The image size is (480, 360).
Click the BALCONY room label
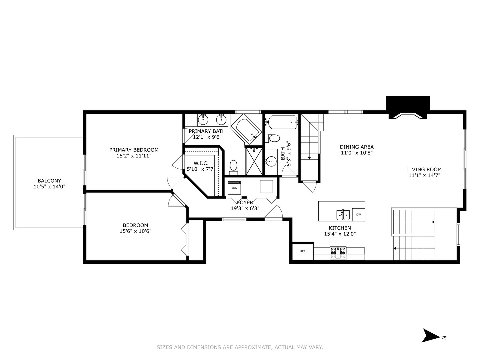pos(49,181)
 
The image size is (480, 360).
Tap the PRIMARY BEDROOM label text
pos(134,150)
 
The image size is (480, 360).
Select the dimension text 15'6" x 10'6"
pos(135,231)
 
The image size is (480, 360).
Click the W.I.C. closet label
pos(201,163)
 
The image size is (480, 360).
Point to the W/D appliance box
pos(234,188)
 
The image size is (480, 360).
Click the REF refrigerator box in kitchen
pos(303,251)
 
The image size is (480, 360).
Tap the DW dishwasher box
pos(359,215)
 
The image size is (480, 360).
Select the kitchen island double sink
pos(342,215)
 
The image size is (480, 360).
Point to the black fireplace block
pos(408,107)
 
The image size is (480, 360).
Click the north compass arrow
pos(431,335)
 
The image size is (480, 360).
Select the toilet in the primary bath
pos(234,166)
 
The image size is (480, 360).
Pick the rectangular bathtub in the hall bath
pos(282,123)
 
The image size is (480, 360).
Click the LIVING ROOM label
pos(424,169)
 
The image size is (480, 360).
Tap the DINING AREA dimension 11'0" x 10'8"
pos(356,153)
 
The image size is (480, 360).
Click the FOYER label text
pos(245,202)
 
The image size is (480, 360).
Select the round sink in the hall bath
pos(271,161)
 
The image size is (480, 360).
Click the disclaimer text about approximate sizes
pos(240,347)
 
